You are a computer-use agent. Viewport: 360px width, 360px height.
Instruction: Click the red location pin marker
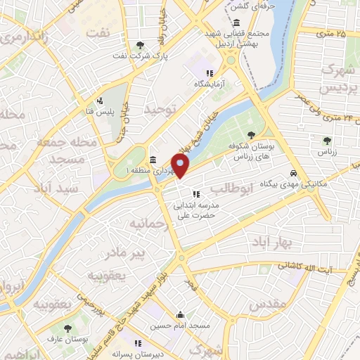(181, 165)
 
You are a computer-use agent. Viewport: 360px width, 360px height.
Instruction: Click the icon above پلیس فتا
(101, 100)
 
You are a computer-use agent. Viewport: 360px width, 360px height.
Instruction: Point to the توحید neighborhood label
(157, 110)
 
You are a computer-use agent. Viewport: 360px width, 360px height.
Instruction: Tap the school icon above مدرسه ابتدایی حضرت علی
(196, 193)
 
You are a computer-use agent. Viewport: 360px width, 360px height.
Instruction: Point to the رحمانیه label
(145, 223)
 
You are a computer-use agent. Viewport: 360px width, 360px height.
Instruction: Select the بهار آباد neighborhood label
(274, 241)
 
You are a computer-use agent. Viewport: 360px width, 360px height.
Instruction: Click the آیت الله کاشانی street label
(309, 266)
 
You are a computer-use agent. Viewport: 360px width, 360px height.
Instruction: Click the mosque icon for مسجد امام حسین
(181, 314)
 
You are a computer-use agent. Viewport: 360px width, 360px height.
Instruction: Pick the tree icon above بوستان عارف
(67, 328)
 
